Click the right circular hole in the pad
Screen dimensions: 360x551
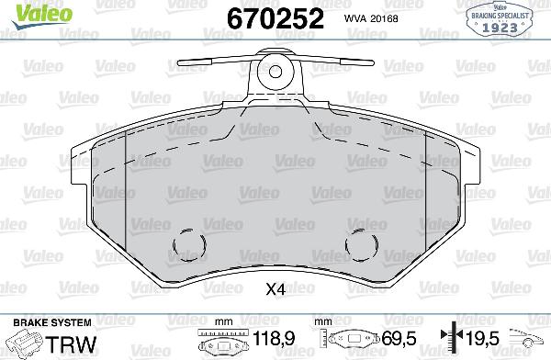360,245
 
